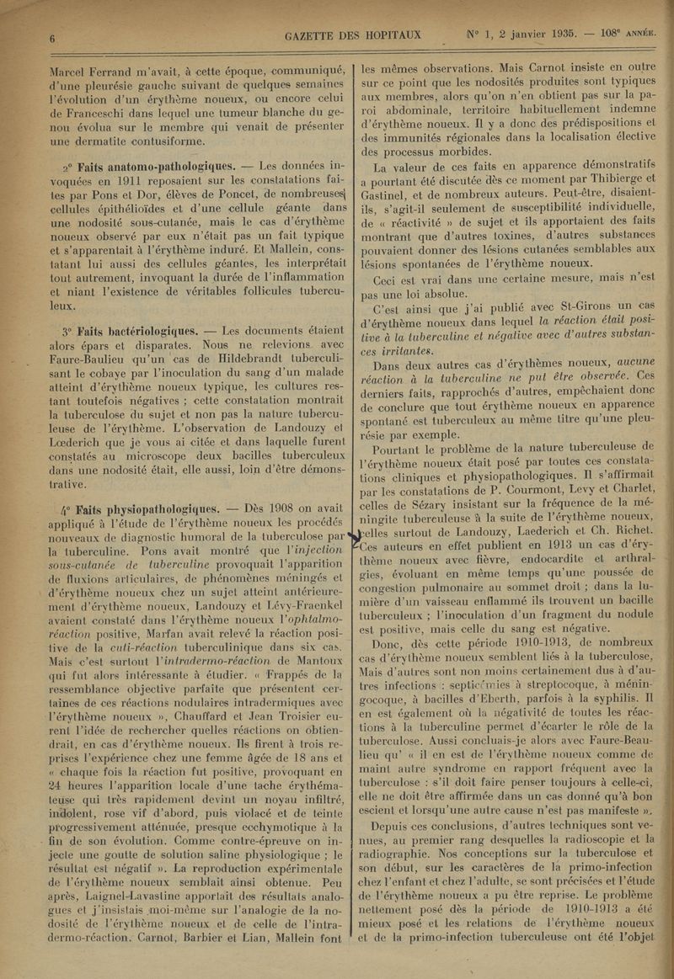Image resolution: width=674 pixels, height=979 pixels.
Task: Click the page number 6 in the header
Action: (51, 38)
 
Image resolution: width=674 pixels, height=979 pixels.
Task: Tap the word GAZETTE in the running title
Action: (314, 35)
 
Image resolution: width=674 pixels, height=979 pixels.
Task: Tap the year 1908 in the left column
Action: (270, 508)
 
